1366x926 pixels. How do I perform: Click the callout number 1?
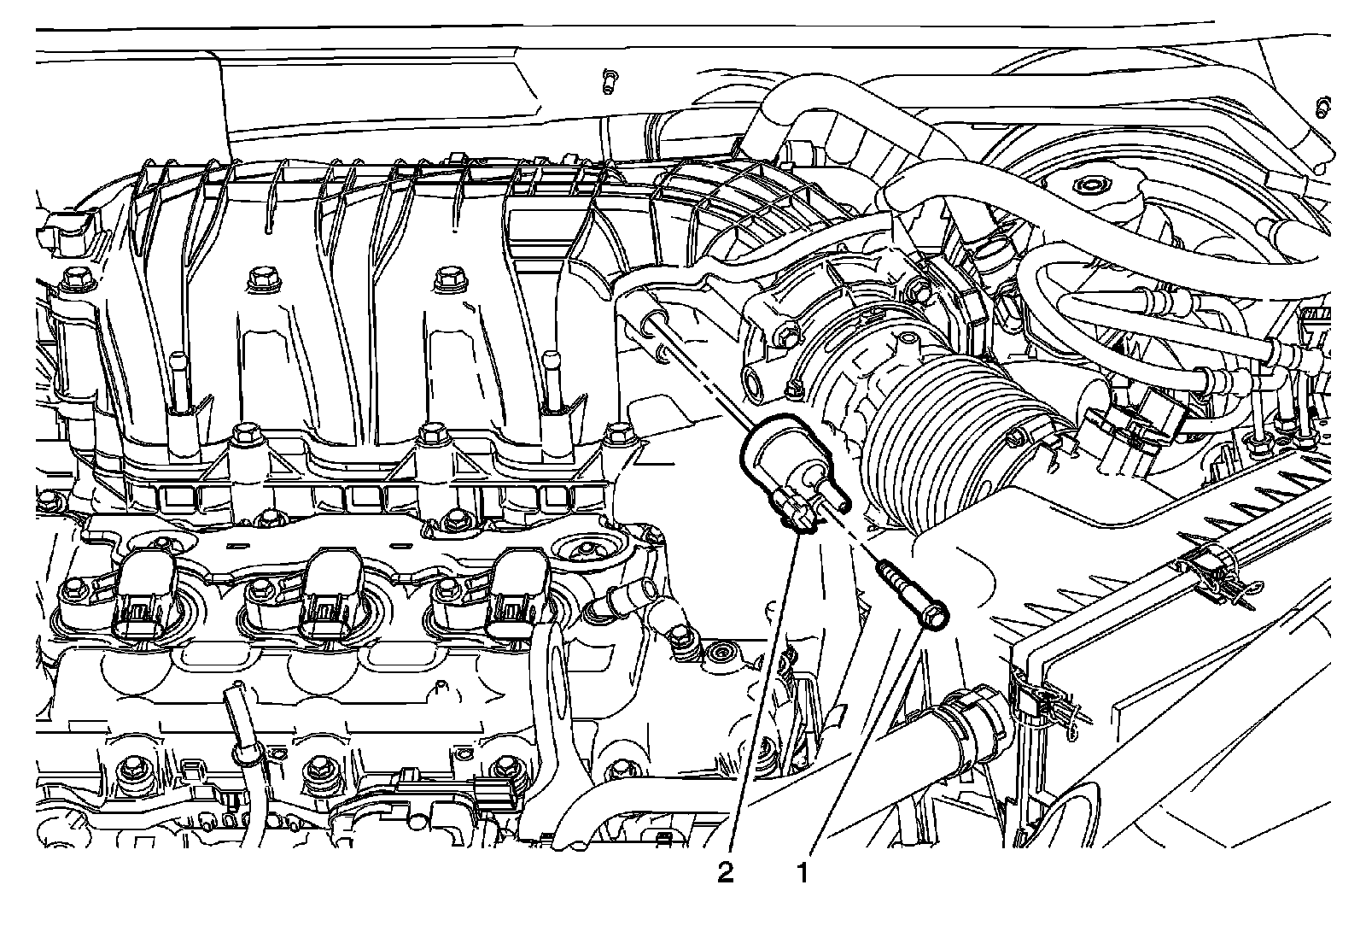pyautogui.click(x=803, y=873)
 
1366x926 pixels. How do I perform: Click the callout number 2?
pyautogui.click(x=725, y=873)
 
